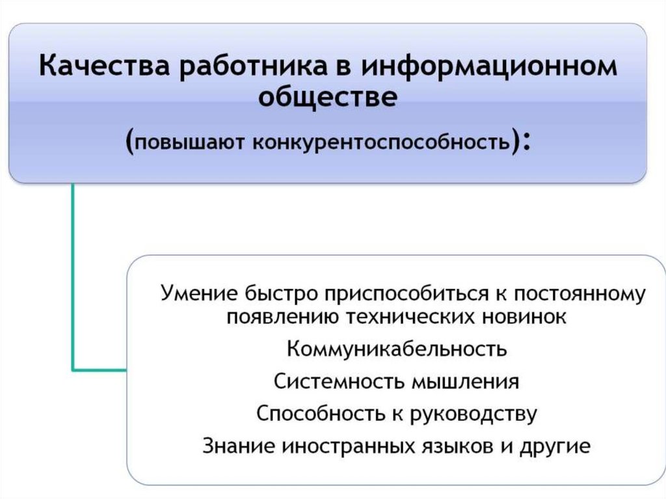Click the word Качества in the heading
click(x=105, y=68)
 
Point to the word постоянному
click(x=571, y=293)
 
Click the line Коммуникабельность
click(x=396, y=349)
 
